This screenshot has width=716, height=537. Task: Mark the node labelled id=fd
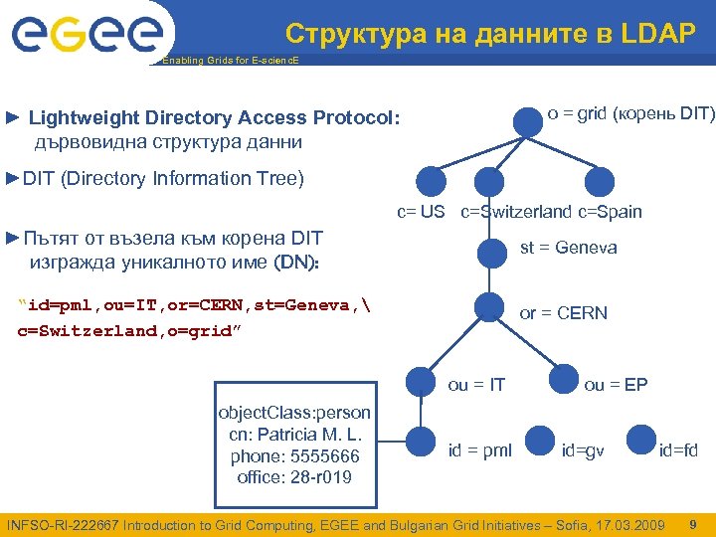pos(638,440)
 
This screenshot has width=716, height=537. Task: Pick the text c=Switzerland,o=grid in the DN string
pos(123,329)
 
